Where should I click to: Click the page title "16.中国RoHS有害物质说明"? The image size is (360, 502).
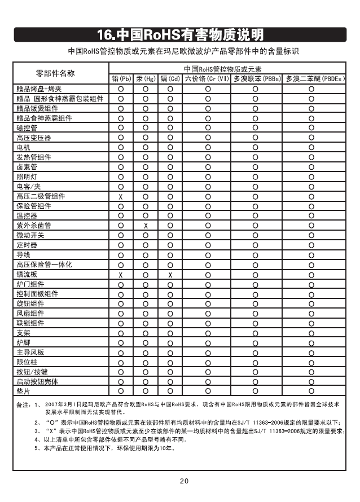180,35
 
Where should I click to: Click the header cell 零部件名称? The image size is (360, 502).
55,73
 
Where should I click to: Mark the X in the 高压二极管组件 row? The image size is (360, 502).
121,196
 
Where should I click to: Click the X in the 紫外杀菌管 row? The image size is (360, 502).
146,226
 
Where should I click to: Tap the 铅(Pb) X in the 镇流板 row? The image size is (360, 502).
121,274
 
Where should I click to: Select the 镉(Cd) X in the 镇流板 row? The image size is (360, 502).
170,274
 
